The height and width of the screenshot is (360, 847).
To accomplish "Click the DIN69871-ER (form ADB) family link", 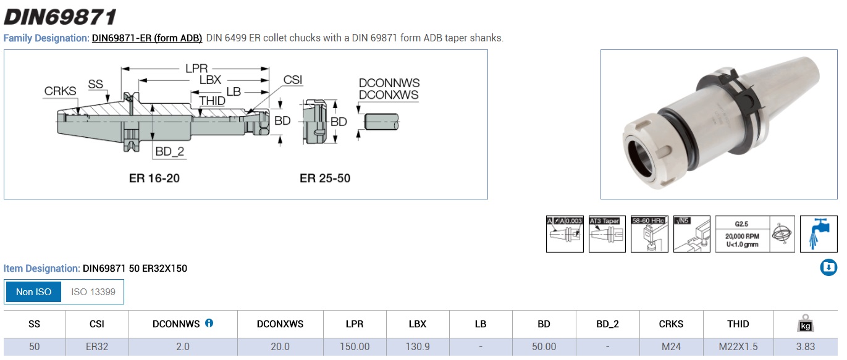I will (x=147, y=38).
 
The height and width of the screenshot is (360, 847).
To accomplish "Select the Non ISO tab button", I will (x=34, y=291).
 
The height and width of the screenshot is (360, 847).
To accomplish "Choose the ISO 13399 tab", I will (x=93, y=291).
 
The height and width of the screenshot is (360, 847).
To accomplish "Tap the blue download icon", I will (x=828, y=267).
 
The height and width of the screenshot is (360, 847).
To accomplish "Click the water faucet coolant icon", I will (x=819, y=234).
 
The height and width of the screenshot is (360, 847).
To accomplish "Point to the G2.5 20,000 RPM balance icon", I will (x=755, y=234).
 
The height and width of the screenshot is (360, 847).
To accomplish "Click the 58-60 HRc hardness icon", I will (x=649, y=234).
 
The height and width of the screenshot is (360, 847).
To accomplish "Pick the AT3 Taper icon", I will (x=607, y=234).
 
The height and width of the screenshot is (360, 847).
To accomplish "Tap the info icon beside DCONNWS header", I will (x=209, y=323).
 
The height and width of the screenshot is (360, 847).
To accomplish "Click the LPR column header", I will (x=355, y=324).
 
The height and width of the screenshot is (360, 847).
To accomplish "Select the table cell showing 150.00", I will (x=355, y=346).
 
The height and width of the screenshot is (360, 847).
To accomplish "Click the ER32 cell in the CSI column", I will (x=97, y=346).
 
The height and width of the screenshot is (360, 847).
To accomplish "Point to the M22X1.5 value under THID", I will (x=738, y=346).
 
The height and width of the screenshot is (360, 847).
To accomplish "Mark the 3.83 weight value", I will (x=806, y=346).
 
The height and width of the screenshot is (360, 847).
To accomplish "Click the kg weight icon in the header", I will (x=806, y=324).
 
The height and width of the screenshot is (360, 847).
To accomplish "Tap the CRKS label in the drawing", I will (x=60, y=91).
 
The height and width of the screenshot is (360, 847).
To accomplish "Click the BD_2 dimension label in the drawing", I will (x=169, y=151).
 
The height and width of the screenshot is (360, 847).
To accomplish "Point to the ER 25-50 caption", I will (x=325, y=178).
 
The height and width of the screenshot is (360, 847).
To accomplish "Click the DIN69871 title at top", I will (x=59, y=16).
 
